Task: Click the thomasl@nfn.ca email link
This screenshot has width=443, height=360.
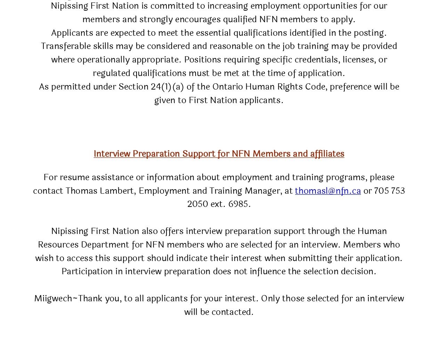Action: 328,191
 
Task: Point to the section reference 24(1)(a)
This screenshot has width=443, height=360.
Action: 167,86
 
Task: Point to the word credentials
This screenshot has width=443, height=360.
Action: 316,59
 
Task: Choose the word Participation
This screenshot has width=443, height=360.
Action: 87,271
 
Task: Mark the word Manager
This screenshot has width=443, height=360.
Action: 263,191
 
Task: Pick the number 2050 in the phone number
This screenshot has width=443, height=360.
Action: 197,204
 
